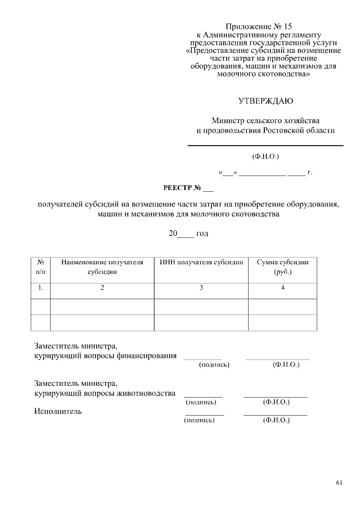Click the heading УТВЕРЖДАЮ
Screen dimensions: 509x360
coord(265,101)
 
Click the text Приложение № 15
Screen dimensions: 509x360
coord(259,26)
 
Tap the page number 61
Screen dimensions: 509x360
coord(339,483)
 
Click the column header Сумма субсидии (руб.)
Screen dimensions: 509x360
coord(283,267)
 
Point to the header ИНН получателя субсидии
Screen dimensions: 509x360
coord(201,262)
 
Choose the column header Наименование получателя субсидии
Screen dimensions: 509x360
coord(102,267)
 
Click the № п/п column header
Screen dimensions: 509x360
coord(40,267)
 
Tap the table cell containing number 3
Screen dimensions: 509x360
coord(201,288)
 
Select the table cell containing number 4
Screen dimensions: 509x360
coord(283,288)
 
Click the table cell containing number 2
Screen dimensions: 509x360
coord(102,288)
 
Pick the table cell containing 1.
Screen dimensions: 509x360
coord(40,288)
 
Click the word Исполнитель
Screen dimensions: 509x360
coord(58,411)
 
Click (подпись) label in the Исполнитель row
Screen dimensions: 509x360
coord(200,420)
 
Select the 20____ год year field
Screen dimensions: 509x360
coord(189,233)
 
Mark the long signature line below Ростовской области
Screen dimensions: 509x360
coord(265,146)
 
